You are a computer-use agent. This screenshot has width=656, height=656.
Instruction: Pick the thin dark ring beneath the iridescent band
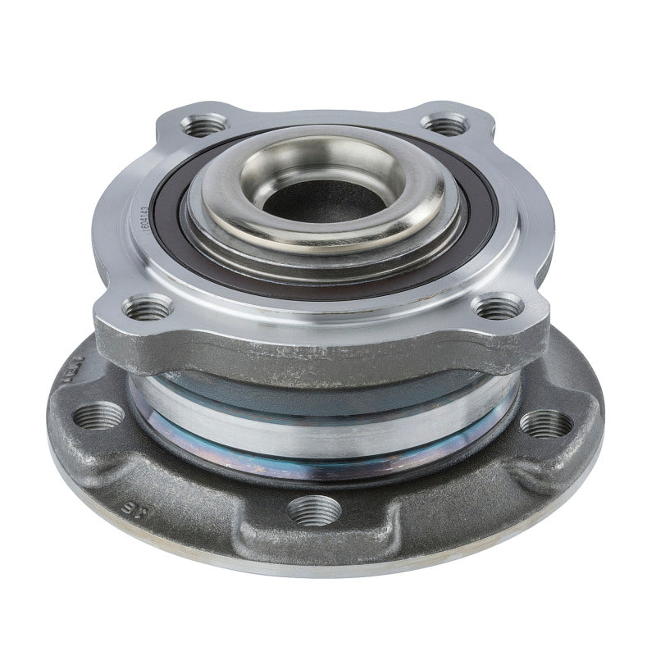pyautogui.click(x=328, y=471)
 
